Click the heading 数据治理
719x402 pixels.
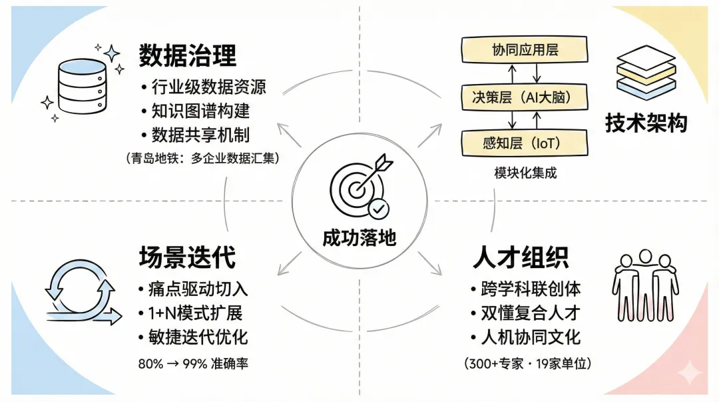[187, 56]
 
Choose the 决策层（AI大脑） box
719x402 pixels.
[525, 97]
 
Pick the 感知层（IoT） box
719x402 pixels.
[525, 143]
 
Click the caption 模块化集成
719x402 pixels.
[525, 173]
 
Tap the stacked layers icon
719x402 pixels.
[645, 74]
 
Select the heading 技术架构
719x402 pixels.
[646, 123]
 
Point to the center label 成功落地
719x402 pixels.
[359, 238]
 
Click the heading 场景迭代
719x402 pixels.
[187, 257]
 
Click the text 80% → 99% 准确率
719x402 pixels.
[193, 363]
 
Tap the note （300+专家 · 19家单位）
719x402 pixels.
[527, 363]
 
